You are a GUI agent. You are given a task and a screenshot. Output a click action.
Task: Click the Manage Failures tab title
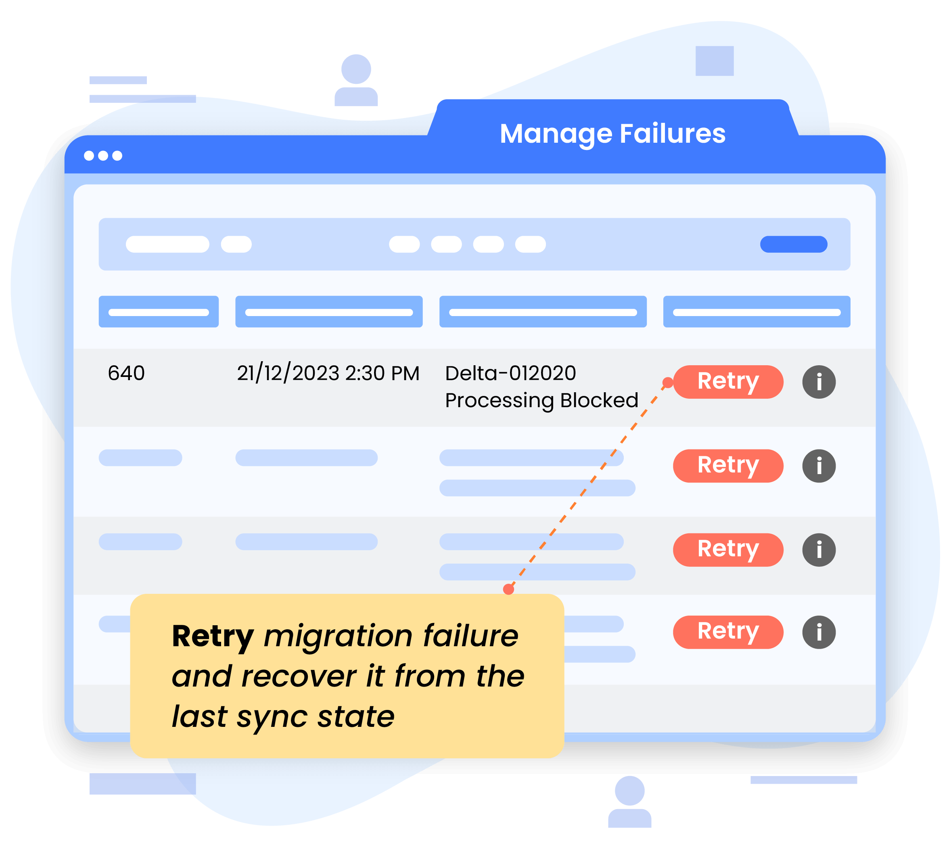pyautogui.click(x=612, y=134)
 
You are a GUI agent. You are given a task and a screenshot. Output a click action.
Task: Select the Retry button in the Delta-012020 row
pyautogui.click(x=727, y=382)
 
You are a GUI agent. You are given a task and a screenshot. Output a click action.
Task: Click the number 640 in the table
pyautogui.click(x=126, y=373)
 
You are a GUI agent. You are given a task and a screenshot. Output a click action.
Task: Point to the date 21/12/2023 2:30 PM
pyautogui.click(x=328, y=373)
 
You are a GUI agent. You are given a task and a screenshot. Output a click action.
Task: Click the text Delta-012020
pyautogui.click(x=510, y=373)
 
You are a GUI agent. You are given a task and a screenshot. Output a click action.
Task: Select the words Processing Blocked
pyautogui.click(x=541, y=400)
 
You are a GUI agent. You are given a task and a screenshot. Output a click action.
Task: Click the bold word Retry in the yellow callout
pyautogui.click(x=212, y=636)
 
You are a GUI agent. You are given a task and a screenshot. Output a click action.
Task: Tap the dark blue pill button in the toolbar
pyautogui.click(x=793, y=244)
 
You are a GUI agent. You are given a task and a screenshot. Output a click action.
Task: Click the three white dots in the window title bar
pyautogui.click(x=103, y=155)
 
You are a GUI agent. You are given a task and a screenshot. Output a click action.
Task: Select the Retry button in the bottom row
pyautogui.click(x=727, y=632)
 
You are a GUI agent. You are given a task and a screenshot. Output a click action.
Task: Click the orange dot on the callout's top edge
pyautogui.click(x=508, y=589)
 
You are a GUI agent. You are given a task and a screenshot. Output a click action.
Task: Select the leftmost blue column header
pyautogui.click(x=158, y=312)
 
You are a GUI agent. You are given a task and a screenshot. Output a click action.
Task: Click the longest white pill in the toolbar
pyautogui.click(x=167, y=244)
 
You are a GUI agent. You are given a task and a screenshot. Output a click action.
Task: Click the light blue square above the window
pyautogui.click(x=714, y=60)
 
